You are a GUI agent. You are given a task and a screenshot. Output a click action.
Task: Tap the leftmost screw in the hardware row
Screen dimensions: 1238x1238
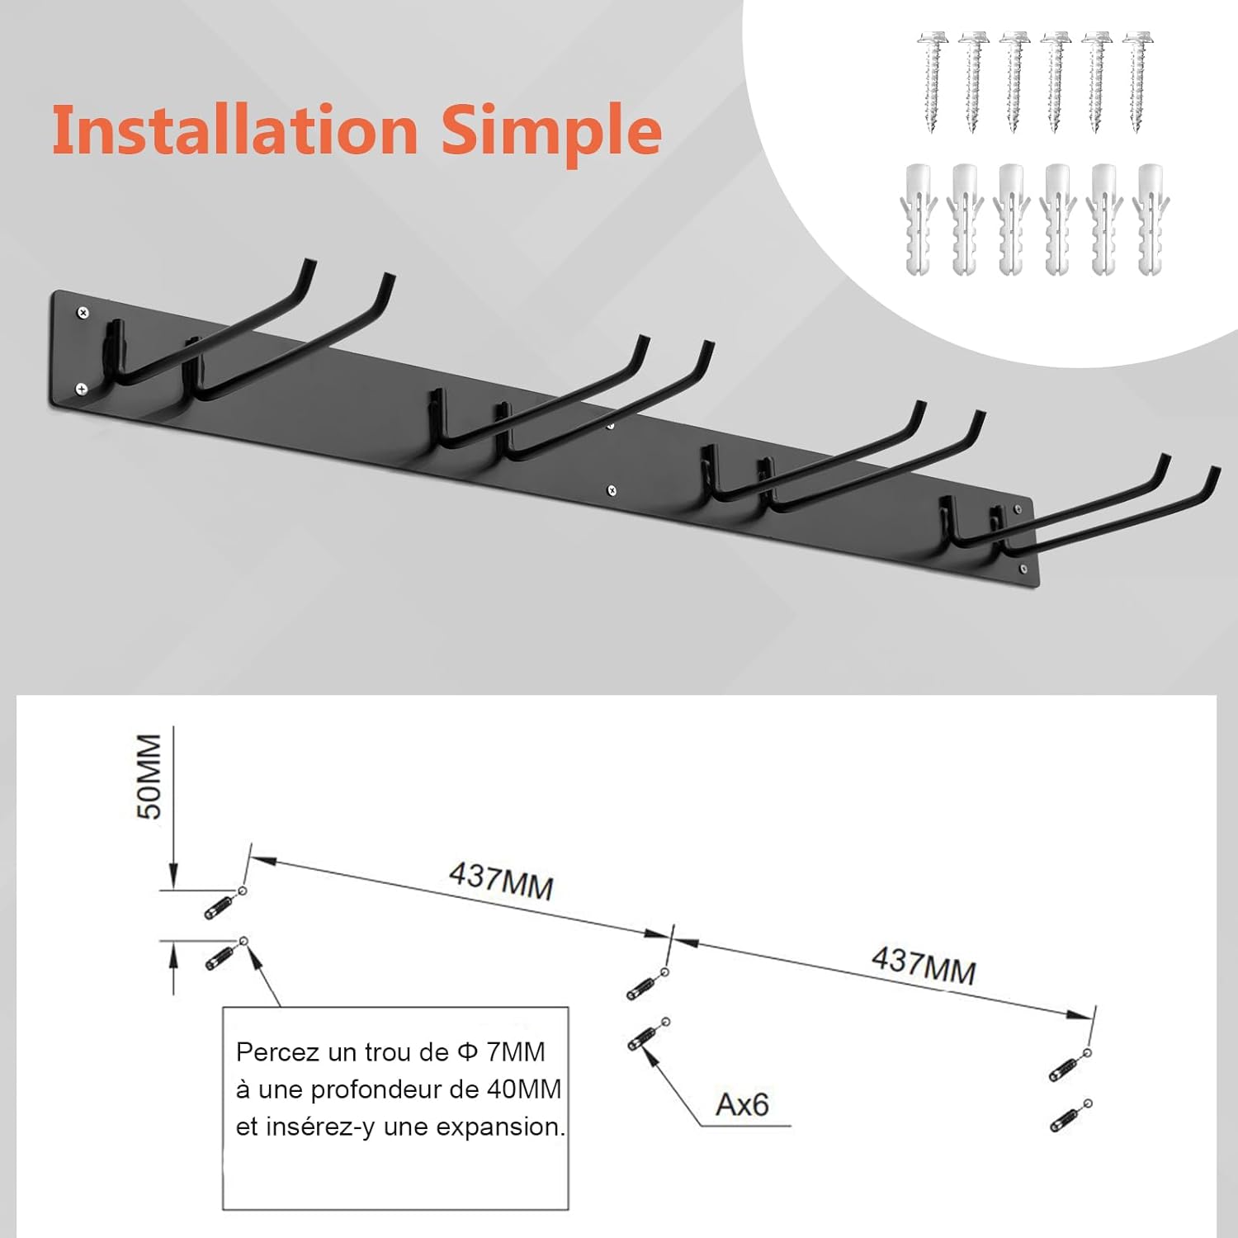932,82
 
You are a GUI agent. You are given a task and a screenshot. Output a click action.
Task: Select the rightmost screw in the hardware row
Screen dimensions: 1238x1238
1138,82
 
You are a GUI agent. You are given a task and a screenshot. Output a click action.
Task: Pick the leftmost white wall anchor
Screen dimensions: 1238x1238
919,220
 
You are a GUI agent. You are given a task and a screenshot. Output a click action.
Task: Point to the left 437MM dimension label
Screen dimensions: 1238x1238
501,881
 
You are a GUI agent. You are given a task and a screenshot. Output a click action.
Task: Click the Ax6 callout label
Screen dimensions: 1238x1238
742,1104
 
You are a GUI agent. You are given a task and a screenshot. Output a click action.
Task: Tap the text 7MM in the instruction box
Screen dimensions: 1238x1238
516,1052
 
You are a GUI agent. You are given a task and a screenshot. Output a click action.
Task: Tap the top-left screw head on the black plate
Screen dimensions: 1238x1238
83,312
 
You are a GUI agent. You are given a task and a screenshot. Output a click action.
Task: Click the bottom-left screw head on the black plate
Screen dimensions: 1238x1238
82,388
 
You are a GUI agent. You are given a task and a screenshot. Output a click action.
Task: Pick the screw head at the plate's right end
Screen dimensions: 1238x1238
1024,569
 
